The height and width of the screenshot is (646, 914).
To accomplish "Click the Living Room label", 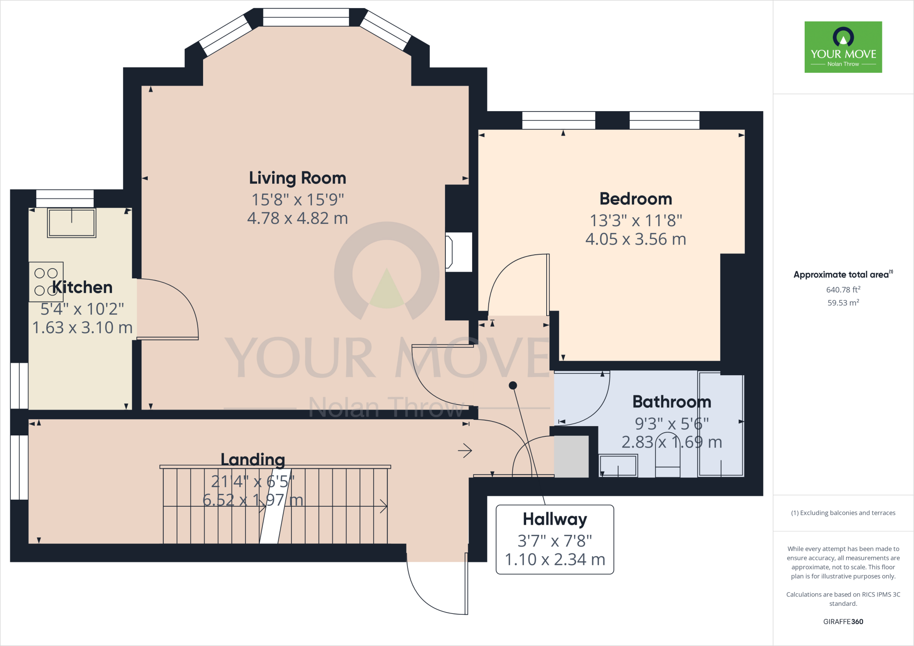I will pyautogui.click(x=297, y=178).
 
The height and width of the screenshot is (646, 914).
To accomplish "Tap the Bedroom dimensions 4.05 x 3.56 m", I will pyautogui.click(x=636, y=240).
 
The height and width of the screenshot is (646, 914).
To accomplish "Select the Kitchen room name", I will pyautogui.click(x=83, y=287).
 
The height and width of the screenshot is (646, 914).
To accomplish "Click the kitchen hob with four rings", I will pyautogui.click(x=46, y=282).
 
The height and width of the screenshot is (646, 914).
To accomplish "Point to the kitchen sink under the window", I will pyautogui.click(x=71, y=223).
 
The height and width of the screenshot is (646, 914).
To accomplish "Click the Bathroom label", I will pyautogui.click(x=672, y=402).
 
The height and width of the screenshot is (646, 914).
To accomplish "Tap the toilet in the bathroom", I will pyautogui.click(x=668, y=455).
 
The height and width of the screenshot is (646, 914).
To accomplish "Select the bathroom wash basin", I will pyautogui.click(x=618, y=466).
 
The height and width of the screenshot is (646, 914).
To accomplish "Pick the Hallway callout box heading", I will pyautogui.click(x=555, y=519).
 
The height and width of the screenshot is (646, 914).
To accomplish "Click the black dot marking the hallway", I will pyautogui.click(x=513, y=385).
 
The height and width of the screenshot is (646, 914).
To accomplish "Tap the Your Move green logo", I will pyautogui.click(x=843, y=47).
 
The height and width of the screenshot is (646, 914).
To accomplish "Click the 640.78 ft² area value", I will pyautogui.click(x=843, y=290).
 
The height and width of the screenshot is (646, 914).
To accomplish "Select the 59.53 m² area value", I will pyautogui.click(x=843, y=302).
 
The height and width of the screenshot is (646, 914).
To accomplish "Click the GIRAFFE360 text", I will pyautogui.click(x=843, y=621).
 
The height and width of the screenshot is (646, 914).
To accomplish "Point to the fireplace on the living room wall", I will pyautogui.click(x=458, y=252).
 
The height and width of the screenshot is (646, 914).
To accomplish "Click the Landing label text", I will pyautogui.click(x=253, y=460).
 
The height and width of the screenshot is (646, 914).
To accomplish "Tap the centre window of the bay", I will pyautogui.click(x=306, y=17).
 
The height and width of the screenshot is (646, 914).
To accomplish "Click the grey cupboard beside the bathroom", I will pyautogui.click(x=571, y=456).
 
